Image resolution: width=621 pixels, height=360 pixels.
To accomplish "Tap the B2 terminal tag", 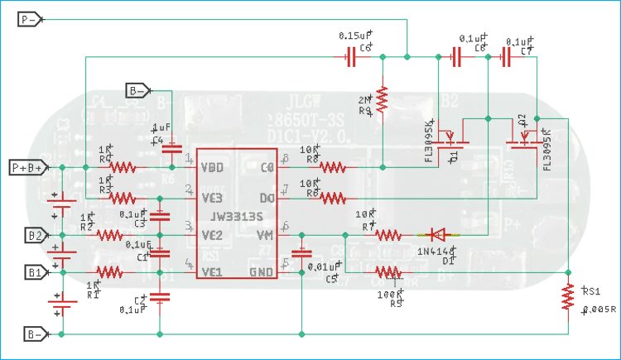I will [x=34, y=235].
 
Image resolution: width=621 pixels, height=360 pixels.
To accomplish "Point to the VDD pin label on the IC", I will [x=214, y=167].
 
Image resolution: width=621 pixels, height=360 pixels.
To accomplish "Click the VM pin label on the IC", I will [x=264, y=235].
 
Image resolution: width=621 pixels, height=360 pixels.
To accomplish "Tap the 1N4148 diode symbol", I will [x=436, y=235].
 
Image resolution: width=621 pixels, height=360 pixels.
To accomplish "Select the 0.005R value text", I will [x=598, y=310].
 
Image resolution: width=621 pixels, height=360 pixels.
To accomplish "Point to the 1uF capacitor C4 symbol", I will [x=171, y=150].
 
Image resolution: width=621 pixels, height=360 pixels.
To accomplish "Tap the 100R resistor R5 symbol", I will [x=388, y=271].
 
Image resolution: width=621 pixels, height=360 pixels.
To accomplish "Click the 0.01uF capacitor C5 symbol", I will [x=303, y=252].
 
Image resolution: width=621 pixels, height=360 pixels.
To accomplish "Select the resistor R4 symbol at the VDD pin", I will [x=123, y=167].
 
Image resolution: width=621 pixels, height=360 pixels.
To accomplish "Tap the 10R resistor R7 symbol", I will [x=388, y=235].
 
